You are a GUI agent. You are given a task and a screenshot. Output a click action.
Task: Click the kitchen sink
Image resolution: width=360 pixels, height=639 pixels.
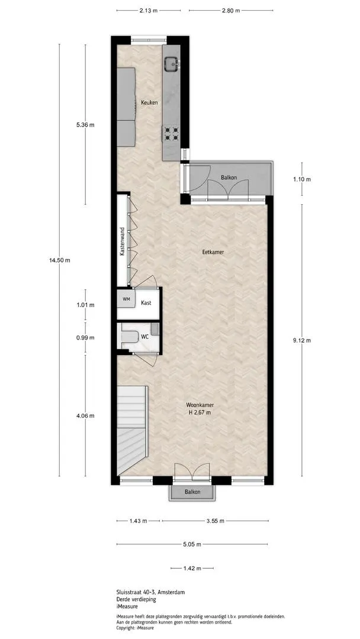(x=171, y=63)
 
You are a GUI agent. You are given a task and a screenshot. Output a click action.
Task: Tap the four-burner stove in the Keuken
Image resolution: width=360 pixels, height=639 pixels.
(x=171, y=134)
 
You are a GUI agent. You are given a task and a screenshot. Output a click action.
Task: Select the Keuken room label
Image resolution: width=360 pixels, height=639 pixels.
(x=149, y=103)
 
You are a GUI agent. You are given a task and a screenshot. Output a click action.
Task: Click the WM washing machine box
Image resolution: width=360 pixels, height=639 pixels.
(x=126, y=299)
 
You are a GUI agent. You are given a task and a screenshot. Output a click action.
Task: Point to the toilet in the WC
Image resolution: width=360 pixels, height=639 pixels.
(x=130, y=337)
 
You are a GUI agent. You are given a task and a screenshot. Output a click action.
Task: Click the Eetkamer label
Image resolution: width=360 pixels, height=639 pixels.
(x=213, y=252)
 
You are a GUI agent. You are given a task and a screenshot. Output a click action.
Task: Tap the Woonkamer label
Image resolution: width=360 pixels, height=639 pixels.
(x=200, y=405)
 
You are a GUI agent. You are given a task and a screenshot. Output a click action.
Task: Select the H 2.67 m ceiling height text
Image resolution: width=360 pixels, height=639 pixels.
(x=200, y=412)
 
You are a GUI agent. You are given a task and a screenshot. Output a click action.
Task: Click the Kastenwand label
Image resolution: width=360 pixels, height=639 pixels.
(x=122, y=241)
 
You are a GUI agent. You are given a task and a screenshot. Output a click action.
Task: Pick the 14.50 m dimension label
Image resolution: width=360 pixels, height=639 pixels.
(x=60, y=260)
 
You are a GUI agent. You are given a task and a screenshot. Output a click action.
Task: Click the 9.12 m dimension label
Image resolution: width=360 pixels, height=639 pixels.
(x=302, y=341)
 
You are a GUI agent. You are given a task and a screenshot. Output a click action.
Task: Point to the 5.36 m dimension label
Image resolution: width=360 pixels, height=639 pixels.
(x=85, y=125)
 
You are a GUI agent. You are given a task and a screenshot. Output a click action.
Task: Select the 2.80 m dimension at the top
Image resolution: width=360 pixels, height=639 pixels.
(x=230, y=11)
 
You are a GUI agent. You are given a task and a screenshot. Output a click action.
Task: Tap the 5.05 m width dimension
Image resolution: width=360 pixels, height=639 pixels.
(x=192, y=544)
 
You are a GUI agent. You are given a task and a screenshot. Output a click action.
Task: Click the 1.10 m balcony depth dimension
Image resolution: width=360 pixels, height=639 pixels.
(x=302, y=179)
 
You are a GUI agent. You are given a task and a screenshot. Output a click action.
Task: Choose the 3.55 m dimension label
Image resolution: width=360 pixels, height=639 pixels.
(x=216, y=521)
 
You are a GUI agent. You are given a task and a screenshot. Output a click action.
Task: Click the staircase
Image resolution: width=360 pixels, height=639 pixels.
(x=132, y=430)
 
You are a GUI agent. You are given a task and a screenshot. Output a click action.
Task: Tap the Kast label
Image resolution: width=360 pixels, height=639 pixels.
(x=146, y=303)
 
